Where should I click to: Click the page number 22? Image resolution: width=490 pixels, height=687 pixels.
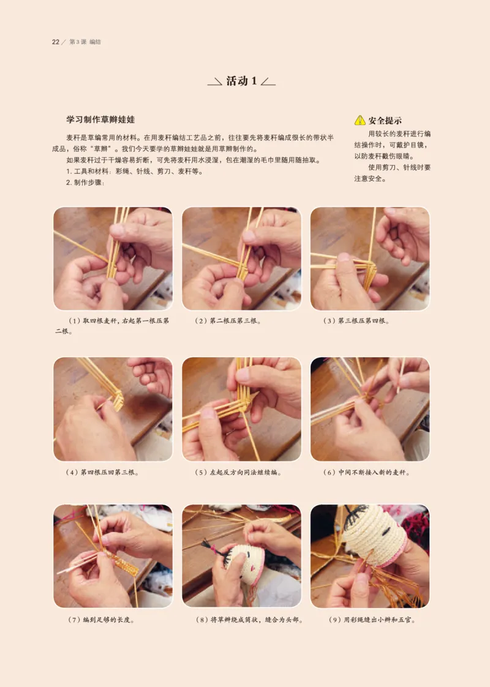point(55,42)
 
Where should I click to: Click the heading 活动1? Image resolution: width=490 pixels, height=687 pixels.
point(242,81)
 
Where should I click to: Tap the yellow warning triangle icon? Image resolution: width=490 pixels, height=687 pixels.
point(360,121)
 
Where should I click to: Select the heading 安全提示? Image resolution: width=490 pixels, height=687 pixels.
point(385,121)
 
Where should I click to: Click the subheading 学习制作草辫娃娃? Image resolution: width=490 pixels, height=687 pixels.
point(100,119)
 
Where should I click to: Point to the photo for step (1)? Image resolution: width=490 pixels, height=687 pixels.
point(113,258)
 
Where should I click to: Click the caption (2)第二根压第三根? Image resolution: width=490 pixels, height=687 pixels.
point(228,321)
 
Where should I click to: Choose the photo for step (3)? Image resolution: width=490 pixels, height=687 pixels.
point(370,258)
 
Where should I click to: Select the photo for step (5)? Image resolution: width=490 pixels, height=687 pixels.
point(241,409)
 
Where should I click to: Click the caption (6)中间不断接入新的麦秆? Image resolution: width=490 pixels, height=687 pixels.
point(366,472)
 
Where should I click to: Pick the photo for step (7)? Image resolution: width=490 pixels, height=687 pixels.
point(113,556)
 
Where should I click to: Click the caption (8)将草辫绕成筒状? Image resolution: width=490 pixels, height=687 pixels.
point(249,620)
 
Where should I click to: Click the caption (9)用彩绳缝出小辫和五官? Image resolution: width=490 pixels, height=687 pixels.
point(372,620)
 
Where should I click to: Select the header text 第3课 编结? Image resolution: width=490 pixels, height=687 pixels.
point(85,42)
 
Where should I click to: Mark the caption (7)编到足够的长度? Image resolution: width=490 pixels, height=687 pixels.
point(101,620)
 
